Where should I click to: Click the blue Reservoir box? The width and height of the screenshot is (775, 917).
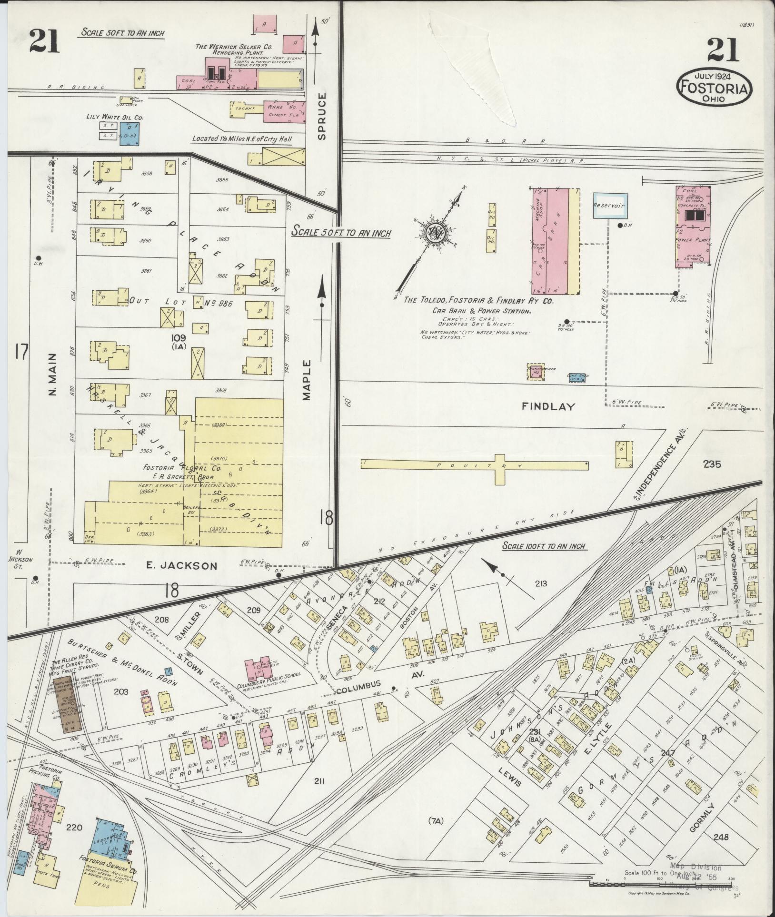click(610, 206)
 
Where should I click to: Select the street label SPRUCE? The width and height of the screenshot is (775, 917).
click(322, 116)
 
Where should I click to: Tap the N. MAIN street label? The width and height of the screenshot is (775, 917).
click(52, 374)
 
